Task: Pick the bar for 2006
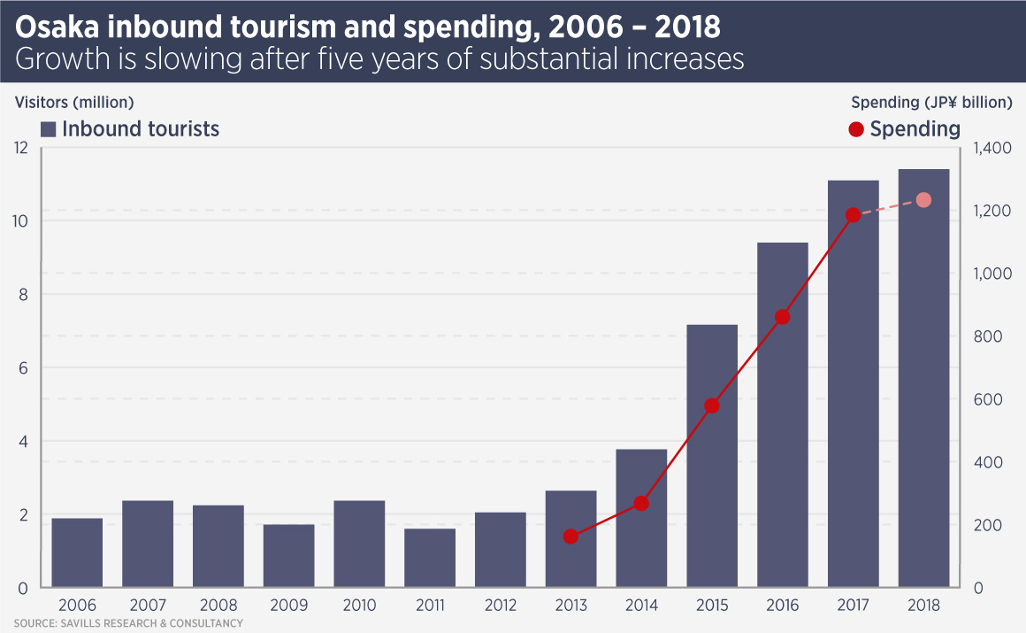click(x=77, y=552)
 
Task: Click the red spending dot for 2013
click(x=570, y=537)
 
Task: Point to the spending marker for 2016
click(x=782, y=317)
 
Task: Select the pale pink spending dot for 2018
click(x=923, y=200)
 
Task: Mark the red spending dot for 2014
click(x=641, y=504)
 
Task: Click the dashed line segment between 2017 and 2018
click(x=888, y=208)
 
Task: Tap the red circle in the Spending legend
click(x=855, y=129)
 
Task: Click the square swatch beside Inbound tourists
click(x=49, y=129)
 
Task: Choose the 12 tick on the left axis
click(x=22, y=148)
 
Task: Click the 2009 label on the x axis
click(x=288, y=606)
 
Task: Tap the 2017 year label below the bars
click(x=853, y=606)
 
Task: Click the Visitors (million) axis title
click(x=74, y=102)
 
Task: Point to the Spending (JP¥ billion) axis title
click(x=931, y=102)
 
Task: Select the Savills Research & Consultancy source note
click(x=127, y=624)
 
